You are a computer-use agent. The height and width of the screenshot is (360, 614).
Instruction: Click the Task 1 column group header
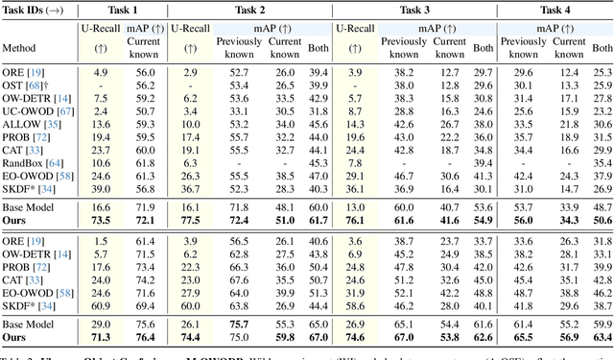tap(123, 9)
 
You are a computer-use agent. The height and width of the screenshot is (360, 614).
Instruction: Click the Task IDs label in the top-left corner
tap(35, 9)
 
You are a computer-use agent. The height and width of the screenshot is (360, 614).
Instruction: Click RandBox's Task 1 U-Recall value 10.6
tap(101, 163)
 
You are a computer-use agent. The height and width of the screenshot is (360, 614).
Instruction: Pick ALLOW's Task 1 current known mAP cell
tap(145, 125)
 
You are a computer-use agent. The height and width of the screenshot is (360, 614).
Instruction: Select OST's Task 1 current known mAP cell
tap(145, 85)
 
